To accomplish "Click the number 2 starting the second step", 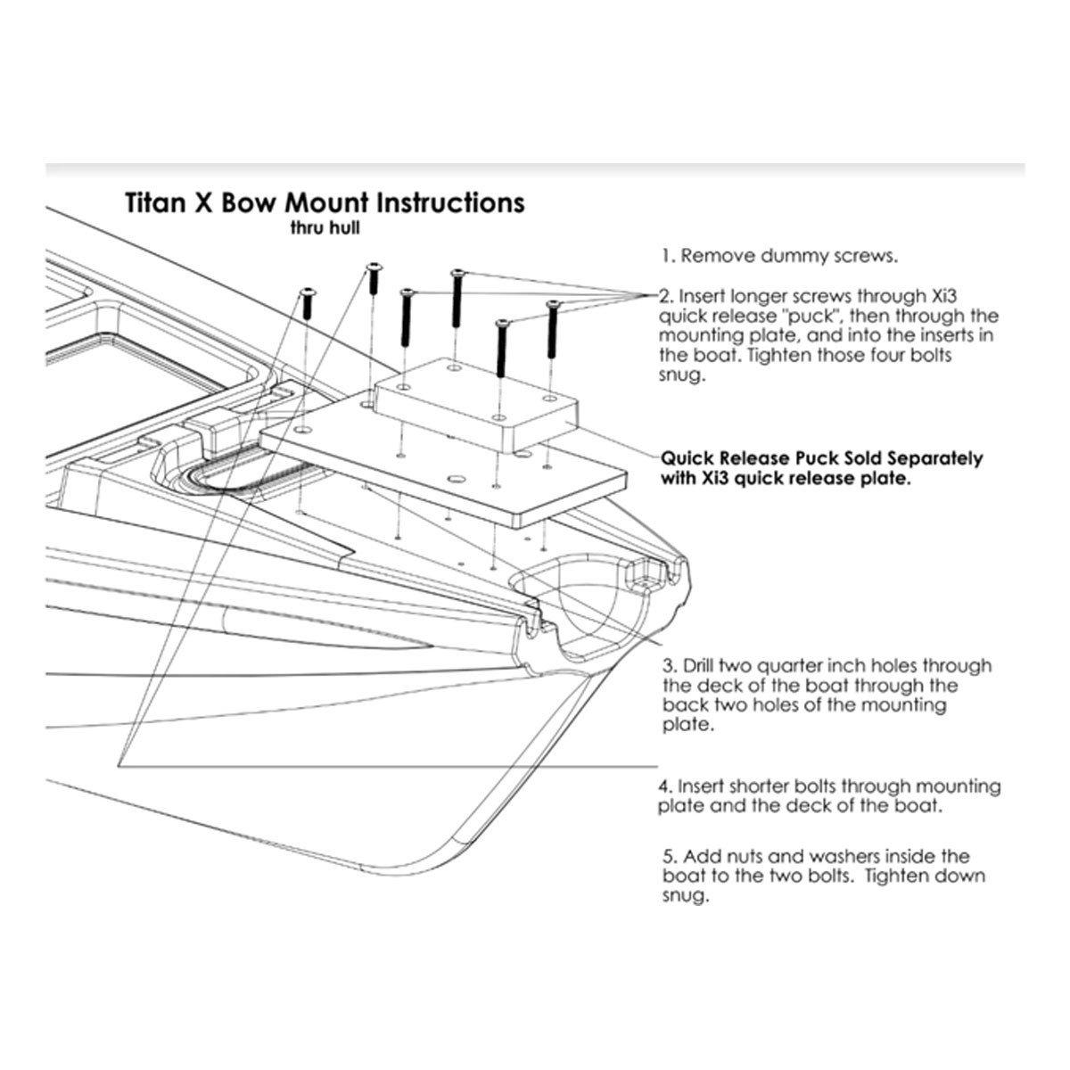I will [663, 295].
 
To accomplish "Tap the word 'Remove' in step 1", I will [717, 257].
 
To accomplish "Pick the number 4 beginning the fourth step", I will [663, 787].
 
